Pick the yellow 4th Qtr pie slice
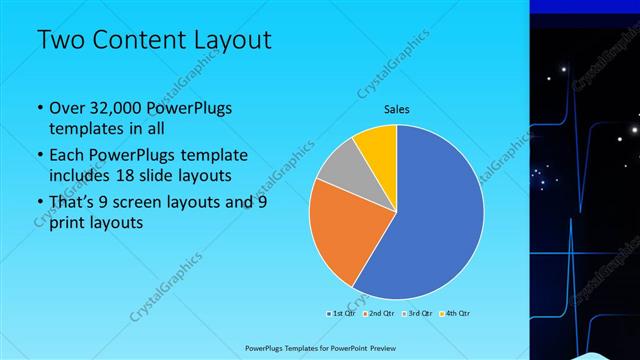[x=378, y=144]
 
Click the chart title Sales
[x=397, y=110]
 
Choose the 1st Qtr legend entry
[x=343, y=313]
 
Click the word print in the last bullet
[x=71, y=223]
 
